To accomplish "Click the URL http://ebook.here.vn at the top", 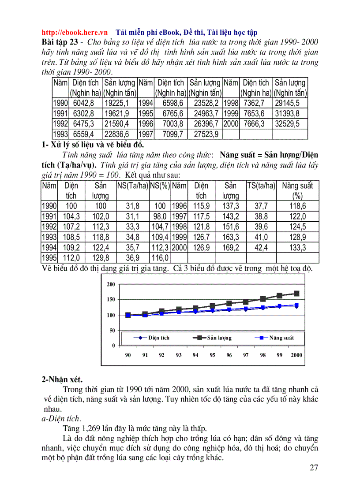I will [75, 32].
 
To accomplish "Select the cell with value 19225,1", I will [116, 103].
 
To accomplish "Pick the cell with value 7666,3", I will [253, 124].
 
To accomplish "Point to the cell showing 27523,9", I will [204, 134].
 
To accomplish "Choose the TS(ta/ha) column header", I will [261, 186].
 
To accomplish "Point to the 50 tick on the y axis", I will [112, 330].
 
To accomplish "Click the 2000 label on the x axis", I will [296, 355].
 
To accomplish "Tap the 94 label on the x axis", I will [195, 355].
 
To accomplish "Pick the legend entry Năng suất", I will [281, 338].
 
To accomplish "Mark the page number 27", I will [314, 468].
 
